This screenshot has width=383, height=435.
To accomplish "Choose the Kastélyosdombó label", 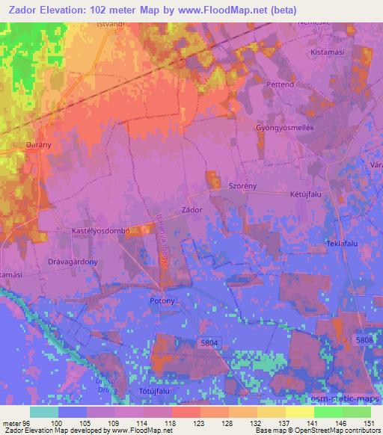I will (101, 232).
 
